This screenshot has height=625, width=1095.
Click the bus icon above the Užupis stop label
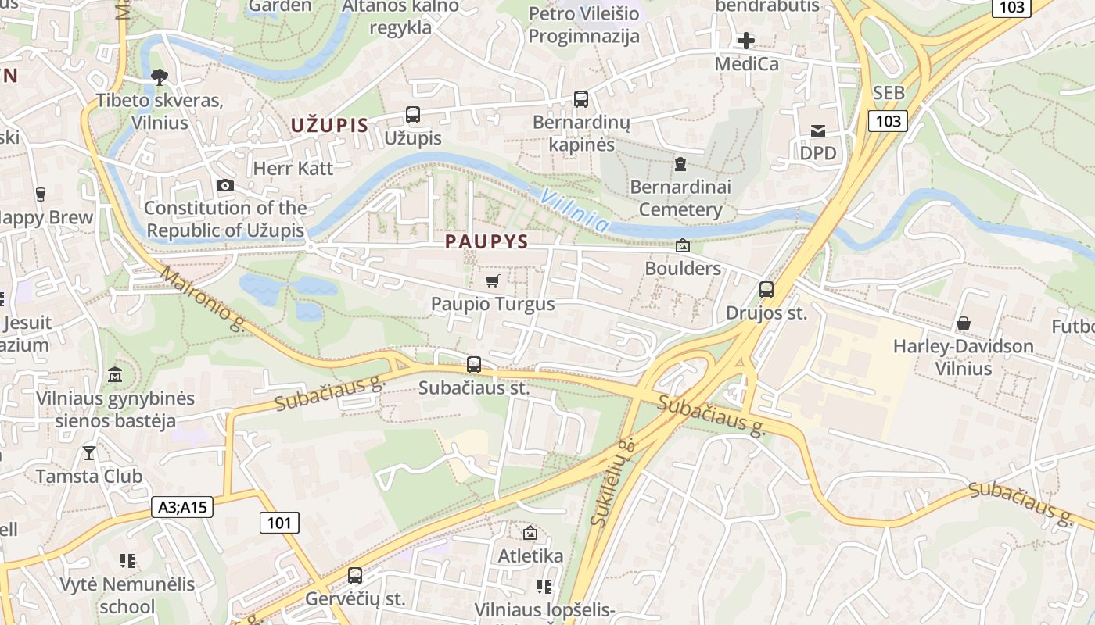[413, 115]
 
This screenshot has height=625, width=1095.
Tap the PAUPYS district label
[486, 241]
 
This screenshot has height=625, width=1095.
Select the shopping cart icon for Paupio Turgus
[492, 280]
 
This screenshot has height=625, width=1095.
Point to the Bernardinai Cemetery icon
[680, 164]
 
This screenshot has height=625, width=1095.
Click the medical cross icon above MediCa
[746, 40]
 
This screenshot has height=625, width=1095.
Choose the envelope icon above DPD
[817, 130]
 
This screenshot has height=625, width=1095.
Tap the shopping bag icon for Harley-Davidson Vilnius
[964, 323]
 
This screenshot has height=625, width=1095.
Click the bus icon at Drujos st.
[766, 290]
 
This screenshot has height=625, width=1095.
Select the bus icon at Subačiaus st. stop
[473, 364]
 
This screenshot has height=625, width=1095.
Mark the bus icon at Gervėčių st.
[355, 576]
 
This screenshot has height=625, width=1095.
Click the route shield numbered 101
[279, 522]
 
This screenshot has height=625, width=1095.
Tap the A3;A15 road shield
[182, 507]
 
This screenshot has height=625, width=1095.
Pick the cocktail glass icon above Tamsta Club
[89, 452]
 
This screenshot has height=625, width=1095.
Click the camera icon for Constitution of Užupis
[224, 185]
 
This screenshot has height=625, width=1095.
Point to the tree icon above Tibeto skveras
[160, 77]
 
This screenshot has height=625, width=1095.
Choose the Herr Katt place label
[293, 168]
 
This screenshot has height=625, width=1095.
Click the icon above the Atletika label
[530, 533]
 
